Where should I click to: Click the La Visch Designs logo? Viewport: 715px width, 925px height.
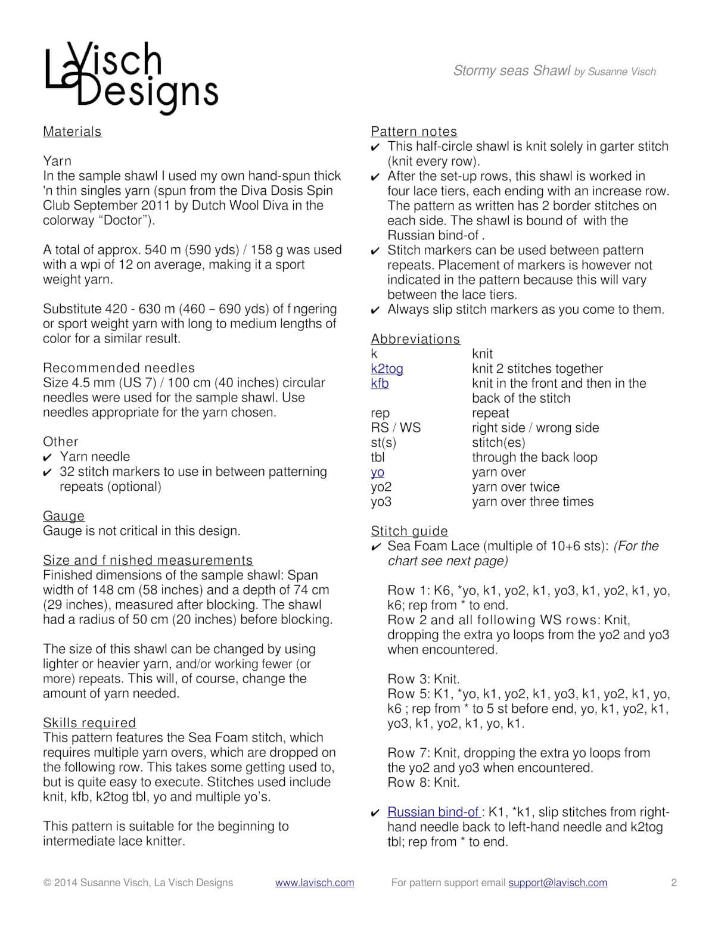tap(131, 77)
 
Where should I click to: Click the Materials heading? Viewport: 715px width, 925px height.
tap(72, 132)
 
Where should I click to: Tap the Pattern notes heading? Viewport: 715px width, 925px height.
tap(414, 132)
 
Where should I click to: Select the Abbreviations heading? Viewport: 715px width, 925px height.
tap(415, 339)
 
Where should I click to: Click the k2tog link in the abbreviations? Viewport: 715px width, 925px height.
tap(387, 369)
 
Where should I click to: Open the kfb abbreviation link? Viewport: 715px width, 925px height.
tap(380, 384)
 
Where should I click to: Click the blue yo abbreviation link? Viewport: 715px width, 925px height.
tap(377, 472)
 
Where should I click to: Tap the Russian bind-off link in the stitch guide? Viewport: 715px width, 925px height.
tap(434, 812)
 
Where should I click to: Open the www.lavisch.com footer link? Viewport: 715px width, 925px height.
tap(315, 883)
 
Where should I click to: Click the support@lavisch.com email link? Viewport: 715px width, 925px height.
tap(558, 883)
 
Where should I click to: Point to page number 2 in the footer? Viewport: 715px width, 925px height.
tap(674, 883)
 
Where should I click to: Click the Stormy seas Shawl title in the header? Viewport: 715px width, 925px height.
tap(512, 71)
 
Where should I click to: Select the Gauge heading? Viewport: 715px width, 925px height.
tap(64, 516)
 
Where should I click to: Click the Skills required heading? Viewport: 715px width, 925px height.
tap(89, 723)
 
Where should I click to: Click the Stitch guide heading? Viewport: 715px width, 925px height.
tap(409, 531)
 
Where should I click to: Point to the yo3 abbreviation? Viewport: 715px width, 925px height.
tap(381, 502)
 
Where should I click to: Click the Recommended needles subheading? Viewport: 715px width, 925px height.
tap(119, 368)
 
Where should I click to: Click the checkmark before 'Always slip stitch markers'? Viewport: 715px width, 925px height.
tap(375, 310)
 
